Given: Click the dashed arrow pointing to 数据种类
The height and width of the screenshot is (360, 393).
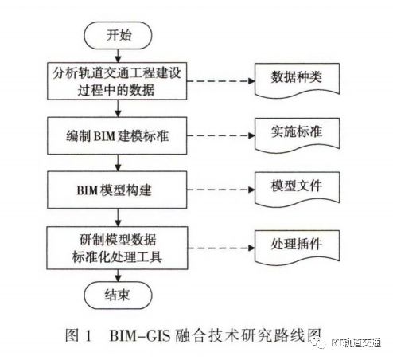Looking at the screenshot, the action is [220, 81].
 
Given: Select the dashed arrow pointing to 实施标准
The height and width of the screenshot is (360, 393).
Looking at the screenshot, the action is [220, 135].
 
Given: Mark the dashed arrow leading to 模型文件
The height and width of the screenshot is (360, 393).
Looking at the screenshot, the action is [220, 190].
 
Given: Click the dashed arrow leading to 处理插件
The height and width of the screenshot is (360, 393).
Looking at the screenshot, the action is [221, 248].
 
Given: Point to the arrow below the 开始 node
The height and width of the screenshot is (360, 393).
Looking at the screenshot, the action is [118, 56].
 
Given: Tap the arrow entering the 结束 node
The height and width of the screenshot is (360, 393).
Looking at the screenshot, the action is [118, 276].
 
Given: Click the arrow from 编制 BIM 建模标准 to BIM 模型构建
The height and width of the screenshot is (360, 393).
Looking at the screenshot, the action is [118, 162].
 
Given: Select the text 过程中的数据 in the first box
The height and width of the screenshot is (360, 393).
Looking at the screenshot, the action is [116, 90].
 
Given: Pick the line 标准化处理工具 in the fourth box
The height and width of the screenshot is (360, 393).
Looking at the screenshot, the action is [117, 256].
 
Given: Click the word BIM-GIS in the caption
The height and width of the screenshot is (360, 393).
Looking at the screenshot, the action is [140, 335].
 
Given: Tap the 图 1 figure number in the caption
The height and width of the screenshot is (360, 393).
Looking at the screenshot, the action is [79, 335].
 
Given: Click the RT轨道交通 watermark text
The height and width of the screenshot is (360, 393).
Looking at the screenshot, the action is [356, 342].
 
